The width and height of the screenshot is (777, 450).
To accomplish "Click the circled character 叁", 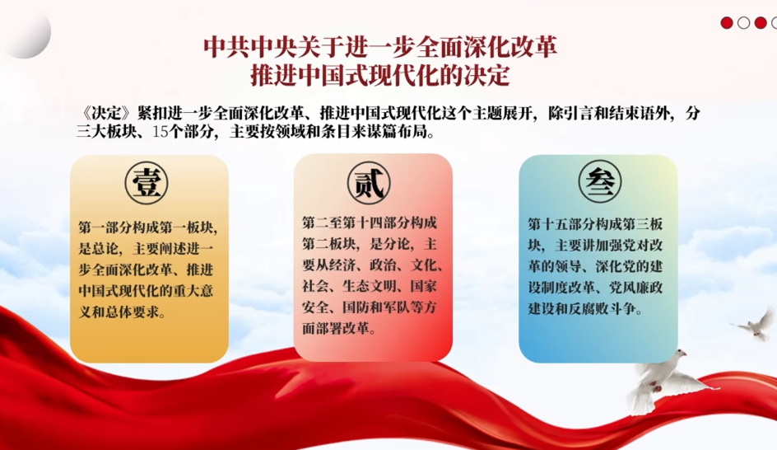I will (599, 181).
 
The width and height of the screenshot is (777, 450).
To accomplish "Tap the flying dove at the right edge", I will (755, 324).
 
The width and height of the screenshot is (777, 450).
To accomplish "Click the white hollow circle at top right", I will (743, 23).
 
